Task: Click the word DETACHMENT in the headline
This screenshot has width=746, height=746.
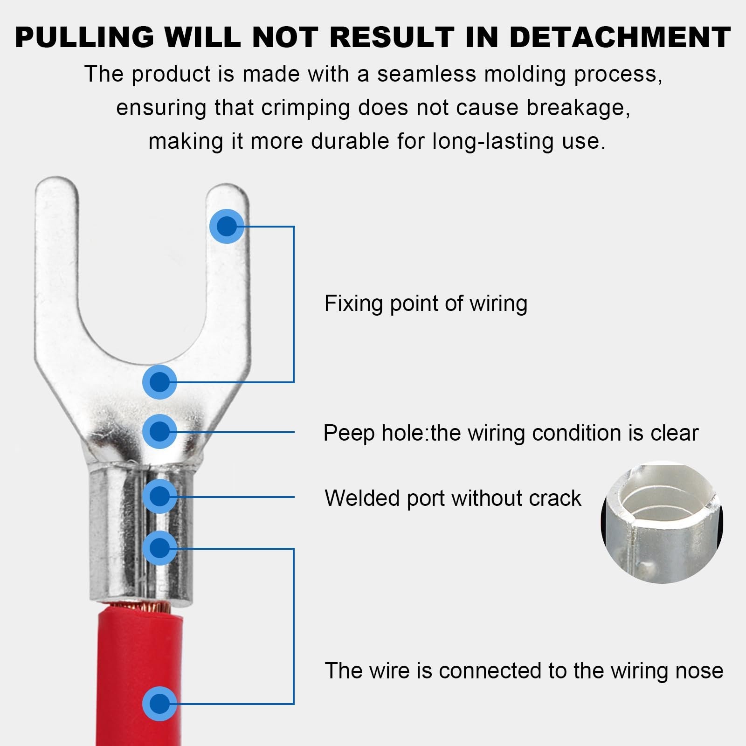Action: pyautogui.click(x=620, y=37)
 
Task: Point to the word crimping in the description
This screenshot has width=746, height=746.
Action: pyautogui.click(x=305, y=108)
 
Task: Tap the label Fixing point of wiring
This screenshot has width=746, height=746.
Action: pyautogui.click(x=426, y=304)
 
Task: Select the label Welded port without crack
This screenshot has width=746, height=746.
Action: pyautogui.click(x=453, y=498)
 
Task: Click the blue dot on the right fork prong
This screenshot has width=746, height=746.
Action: pyautogui.click(x=227, y=227)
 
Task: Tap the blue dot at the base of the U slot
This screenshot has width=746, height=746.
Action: pyautogui.click(x=159, y=382)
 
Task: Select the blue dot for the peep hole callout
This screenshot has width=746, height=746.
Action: pyautogui.click(x=159, y=431)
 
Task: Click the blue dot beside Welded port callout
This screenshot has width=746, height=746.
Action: pyautogui.click(x=159, y=496)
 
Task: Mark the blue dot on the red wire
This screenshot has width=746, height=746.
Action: pyautogui.click(x=159, y=704)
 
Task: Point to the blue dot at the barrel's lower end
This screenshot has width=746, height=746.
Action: pyautogui.click(x=159, y=548)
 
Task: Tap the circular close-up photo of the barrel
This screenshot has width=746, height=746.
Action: pyautogui.click(x=662, y=522)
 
